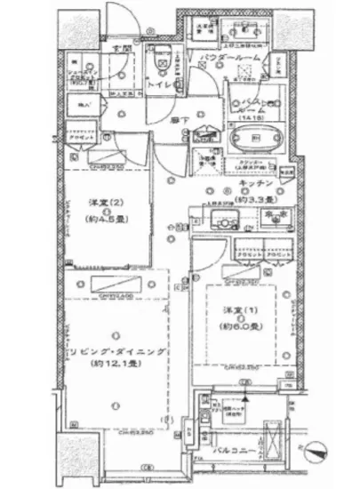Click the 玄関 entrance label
coord(115,49)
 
